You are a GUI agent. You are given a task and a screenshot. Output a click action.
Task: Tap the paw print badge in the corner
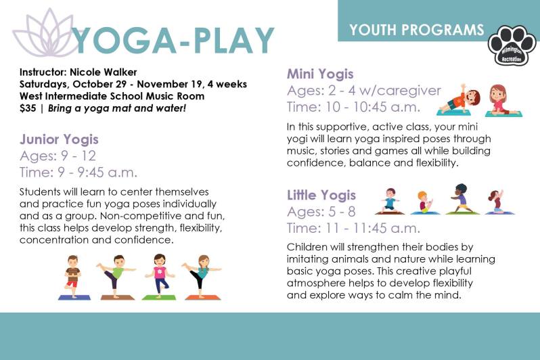click(512, 47)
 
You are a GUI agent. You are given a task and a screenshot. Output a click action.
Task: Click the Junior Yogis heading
click(59, 140)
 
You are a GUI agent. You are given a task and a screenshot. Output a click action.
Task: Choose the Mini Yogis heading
click(320, 74)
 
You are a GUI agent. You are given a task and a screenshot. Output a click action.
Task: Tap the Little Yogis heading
click(321, 196)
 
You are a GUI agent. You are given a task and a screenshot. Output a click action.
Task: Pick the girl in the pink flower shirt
click(160, 274)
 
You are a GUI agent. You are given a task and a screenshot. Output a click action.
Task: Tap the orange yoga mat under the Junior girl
click(202, 297)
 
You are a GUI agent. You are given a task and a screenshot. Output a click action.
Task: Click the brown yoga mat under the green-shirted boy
click(116, 297)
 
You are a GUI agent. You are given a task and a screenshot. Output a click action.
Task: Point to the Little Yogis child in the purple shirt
click(462, 198)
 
